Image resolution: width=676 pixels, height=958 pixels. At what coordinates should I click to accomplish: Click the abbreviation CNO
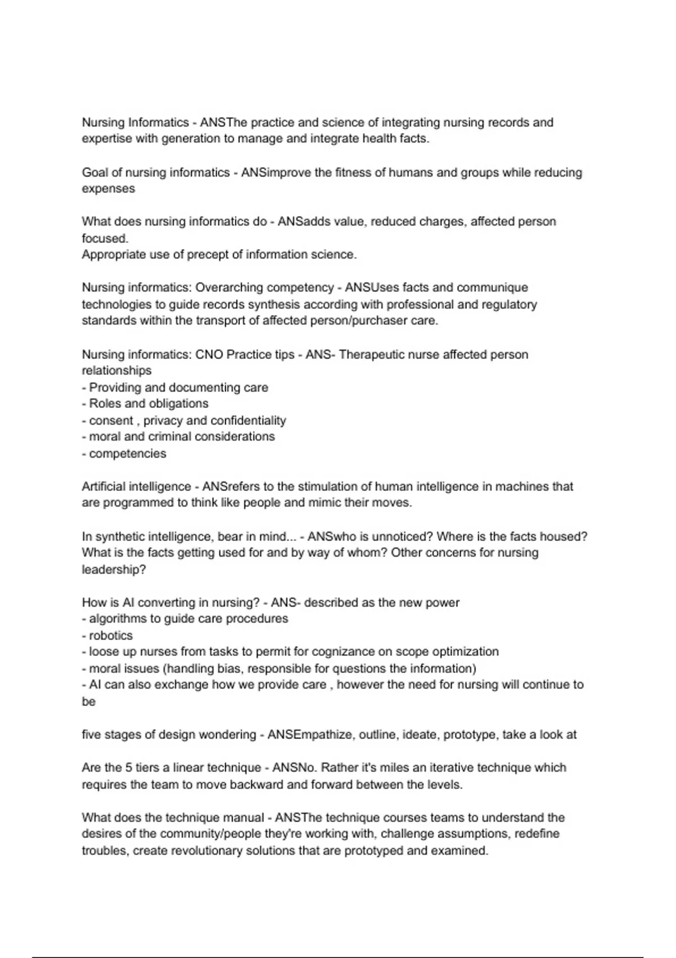coord(209,354)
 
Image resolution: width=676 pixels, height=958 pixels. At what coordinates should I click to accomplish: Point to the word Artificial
coord(105,486)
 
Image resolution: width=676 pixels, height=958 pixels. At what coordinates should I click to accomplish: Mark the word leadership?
coord(114,570)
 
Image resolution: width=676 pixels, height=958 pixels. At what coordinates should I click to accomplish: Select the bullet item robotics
coord(111,636)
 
